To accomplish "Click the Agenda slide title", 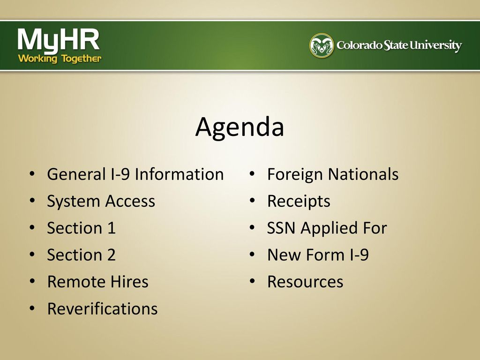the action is click(240, 127).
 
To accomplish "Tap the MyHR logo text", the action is click(59, 40).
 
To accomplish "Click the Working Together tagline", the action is click(60, 59).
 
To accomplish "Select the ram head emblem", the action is click(322, 45).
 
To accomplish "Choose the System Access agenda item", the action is click(101, 202).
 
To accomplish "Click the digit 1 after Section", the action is click(112, 228).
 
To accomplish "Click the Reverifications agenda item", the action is click(103, 308).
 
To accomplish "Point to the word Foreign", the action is click(295, 174).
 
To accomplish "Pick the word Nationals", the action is click(363, 174).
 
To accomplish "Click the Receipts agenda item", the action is click(299, 202).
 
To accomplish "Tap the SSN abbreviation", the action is click(281, 228).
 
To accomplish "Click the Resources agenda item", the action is click(305, 282).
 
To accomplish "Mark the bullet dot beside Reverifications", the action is click(32, 308).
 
